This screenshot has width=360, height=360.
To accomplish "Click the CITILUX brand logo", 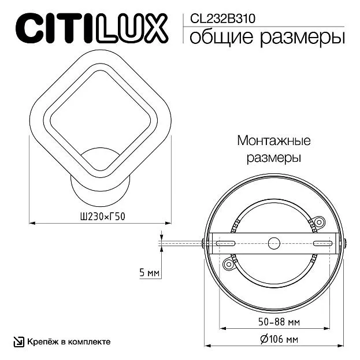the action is pyautogui.click(x=92, y=28).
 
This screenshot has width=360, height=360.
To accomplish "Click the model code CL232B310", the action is pyautogui.click(x=222, y=18).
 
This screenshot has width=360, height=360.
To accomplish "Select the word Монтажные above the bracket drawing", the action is pyautogui.click(x=274, y=140).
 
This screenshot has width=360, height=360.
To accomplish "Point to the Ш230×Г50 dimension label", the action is pyautogui.click(x=103, y=217).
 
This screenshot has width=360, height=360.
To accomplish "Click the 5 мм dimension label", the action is pyautogui.click(x=149, y=273).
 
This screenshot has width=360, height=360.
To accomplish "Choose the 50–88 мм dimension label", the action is pyautogui.click(x=279, y=322).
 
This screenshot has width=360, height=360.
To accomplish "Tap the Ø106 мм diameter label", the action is pyautogui.click(x=280, y=339).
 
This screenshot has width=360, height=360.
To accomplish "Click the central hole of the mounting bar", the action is pyautogui.click(x=274, y=243).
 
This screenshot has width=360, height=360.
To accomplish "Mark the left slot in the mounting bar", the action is pyautogui.click(x=226, y=243).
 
